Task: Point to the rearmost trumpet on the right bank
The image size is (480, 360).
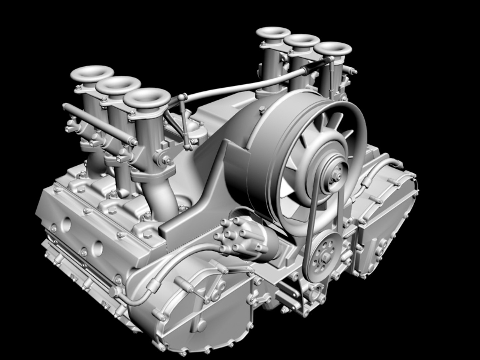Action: click(x=273, y=33)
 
